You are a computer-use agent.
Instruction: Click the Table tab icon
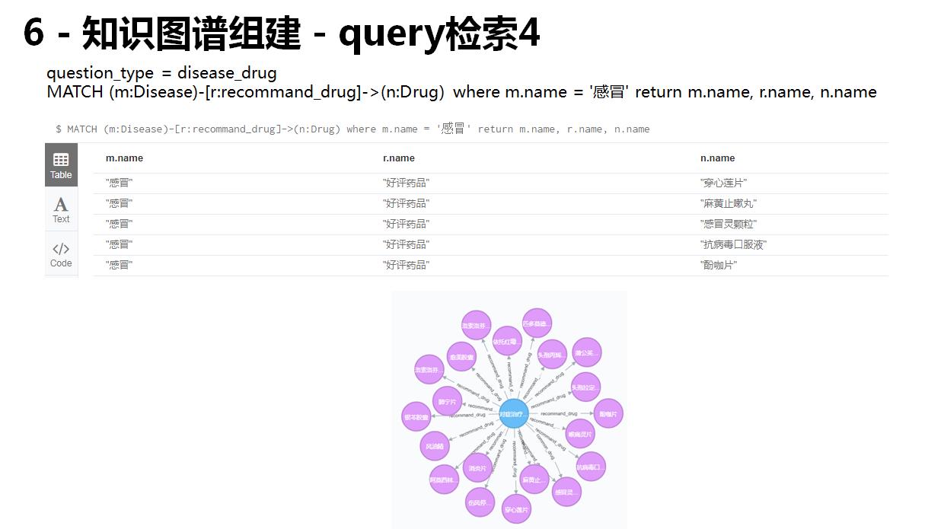[x=61, y=160]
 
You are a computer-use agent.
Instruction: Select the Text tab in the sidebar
[x=61, y=209]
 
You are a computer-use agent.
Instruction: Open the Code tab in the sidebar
[x=61, y=254]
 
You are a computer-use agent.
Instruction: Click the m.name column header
[x=124, y=158]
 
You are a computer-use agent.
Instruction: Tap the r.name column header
[x=399, y=158]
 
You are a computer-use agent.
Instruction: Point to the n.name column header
[x=717, y=158]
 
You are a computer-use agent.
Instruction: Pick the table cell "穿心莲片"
[x=723, y=183]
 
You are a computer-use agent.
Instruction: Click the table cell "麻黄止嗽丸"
[x=729, y=204]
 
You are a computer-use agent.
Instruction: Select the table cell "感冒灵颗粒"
[x=729, y=225]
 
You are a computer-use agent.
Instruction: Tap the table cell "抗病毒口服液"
[x=733, y=245]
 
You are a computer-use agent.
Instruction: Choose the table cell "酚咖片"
[x=719, y=266]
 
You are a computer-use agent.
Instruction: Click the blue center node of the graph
[x=513, y=414]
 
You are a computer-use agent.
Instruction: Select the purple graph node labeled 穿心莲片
[x=517, y=509]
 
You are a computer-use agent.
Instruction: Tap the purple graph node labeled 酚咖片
[x=608, y=414]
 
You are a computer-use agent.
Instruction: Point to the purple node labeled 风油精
[x=435, y=446]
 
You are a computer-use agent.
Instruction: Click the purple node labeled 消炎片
[x=477, y=468]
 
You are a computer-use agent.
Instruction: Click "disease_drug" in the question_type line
[x=227, y=73]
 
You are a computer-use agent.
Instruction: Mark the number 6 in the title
[x=33, y=33]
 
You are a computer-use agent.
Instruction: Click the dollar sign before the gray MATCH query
[x=59, y=129]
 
